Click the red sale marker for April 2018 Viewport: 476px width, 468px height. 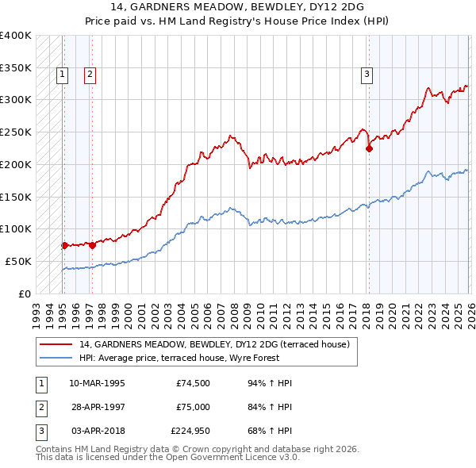[369, 148]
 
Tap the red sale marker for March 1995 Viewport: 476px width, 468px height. [64, 245]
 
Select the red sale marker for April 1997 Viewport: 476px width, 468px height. [92, 245]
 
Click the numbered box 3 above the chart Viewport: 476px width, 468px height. [367, 75]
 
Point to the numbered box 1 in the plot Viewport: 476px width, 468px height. [63, 75]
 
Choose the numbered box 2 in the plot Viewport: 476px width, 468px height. [90, 75]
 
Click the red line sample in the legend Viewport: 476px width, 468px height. [56, 344]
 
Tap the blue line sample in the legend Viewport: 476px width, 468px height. [56, 358]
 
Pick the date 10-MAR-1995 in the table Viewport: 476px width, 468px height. [98, 382]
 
